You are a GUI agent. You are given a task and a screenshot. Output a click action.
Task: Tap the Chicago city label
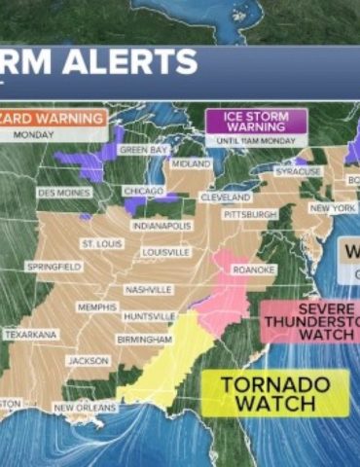click(x=143, y=192)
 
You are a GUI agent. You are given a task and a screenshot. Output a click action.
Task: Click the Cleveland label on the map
click(x=225, y=197)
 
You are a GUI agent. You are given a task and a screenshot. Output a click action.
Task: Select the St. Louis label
click(x=102, y=243)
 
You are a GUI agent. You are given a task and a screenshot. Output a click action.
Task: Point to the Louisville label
click(x=165, y=252)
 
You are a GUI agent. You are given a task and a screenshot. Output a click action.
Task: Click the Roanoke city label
click(x=255, y=269)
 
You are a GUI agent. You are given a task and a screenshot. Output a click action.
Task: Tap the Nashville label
click(x=149, y=290)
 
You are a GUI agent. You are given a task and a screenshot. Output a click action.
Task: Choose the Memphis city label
click(x=96, y=307)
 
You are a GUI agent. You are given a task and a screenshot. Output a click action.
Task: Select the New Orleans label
click(x=81, y=408)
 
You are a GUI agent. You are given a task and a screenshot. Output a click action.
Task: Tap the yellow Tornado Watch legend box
click(x=275, y=393)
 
